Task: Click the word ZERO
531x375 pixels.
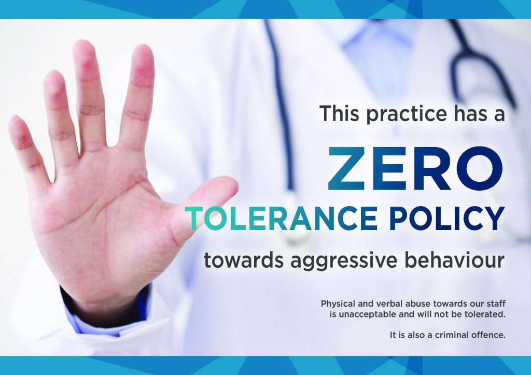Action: click(x=415, y=169)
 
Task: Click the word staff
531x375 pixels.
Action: click(x=496, y=304)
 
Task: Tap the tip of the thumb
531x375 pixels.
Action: click(x=236, y=184)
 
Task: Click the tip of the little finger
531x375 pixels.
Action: click(x=14, y=119)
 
